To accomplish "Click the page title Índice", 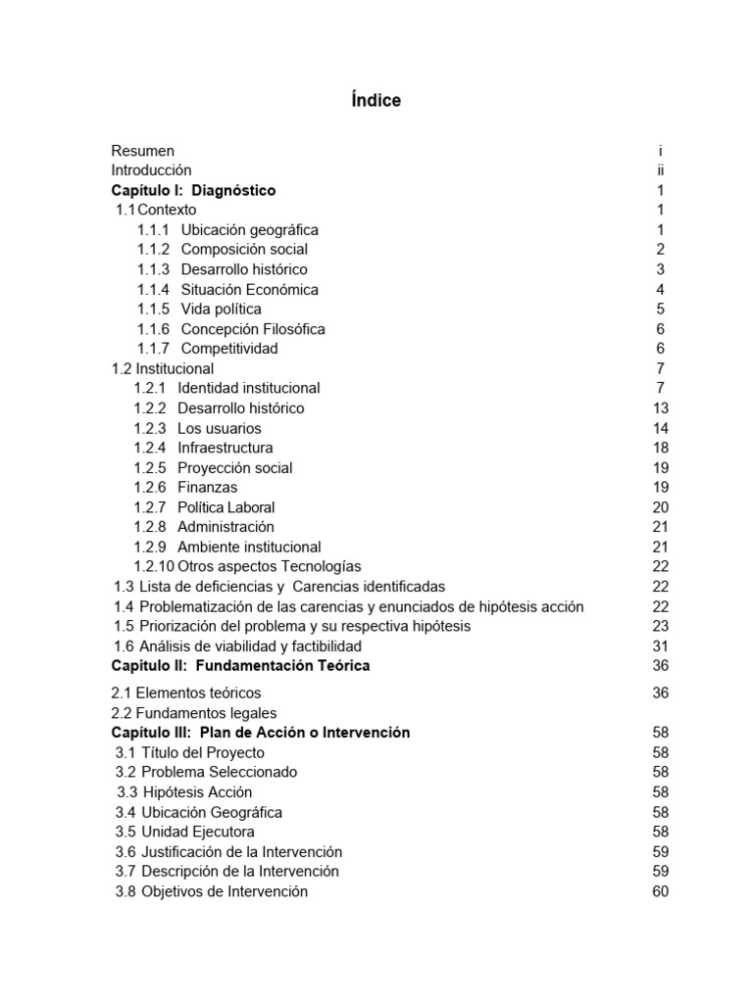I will [x=376, y=101].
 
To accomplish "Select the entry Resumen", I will [x=143, y=151].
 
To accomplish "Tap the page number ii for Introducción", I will [x=661, y=170].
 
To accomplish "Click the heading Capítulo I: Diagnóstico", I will [x=193, y=190].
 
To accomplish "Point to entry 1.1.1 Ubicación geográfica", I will [x=227, y=230].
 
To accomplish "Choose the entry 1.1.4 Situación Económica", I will [x=227, y=290].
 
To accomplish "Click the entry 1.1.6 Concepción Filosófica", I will [x=230, y=329].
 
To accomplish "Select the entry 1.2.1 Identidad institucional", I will [x=226, y=389].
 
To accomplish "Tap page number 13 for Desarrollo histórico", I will [x=660, y=408].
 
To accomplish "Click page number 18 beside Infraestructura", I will [x=660, y=448].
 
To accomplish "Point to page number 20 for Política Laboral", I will [x=660, y=507].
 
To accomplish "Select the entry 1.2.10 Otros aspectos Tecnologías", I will [x=247, y=567].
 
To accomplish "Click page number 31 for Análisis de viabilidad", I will [x=660, y=646].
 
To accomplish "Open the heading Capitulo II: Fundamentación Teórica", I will [x=240, y=666].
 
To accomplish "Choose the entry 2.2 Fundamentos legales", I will [x=195, y=713].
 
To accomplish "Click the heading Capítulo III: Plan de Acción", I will [x=261, y=733].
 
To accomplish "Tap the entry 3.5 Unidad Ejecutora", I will [x=185, y=832].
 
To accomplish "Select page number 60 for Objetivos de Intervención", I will [x=660, y=891].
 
